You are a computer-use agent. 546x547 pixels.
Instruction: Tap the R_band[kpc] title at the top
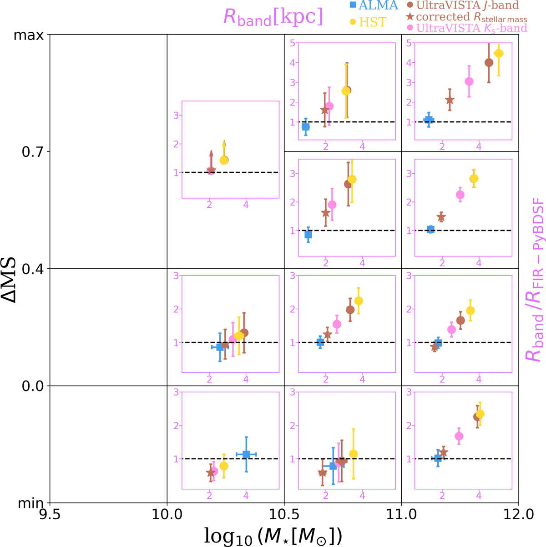pos(273,17)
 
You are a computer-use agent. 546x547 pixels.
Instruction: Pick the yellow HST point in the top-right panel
pos(499,53)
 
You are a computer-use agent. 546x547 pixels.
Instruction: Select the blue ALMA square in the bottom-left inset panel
pos(246,454)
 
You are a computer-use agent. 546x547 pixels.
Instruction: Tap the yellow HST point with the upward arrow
pos(224,160)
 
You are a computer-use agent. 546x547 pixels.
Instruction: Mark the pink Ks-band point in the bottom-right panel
pos(459,436)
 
